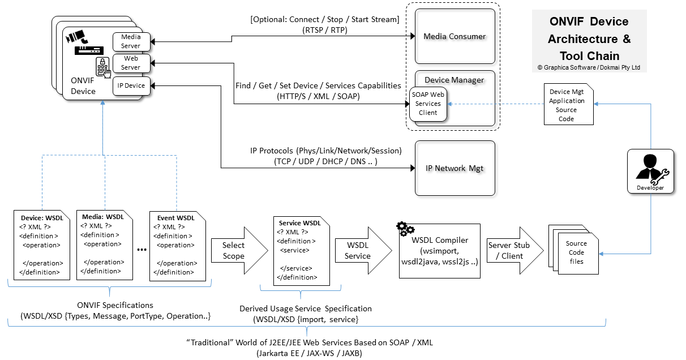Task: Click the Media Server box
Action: [x=131, y=41]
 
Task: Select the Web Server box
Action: [x=131, y=62]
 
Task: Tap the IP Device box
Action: [x=131, y=85]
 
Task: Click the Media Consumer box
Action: [x=455, y=36]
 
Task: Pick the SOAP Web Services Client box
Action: [x=428, y=104]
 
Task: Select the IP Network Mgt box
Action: [x=455, y=168]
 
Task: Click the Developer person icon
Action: [x=650, y=169]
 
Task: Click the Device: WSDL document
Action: [x=42, y=245]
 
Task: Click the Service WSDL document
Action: [x=299, y=251]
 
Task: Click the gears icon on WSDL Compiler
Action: [x=405, y=229]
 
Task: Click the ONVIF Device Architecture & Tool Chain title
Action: [x=589, y=39]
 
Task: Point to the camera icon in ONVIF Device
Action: [x=78, y=38]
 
